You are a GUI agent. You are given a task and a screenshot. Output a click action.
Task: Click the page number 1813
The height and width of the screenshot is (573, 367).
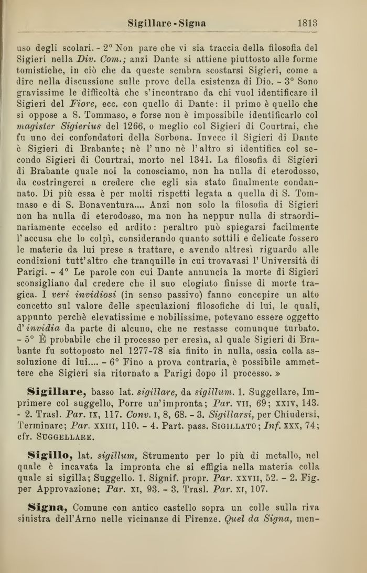click(x=307, y=23)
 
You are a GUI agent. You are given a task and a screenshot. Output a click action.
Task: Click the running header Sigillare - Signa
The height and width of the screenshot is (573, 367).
click(x=167, y=23)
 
